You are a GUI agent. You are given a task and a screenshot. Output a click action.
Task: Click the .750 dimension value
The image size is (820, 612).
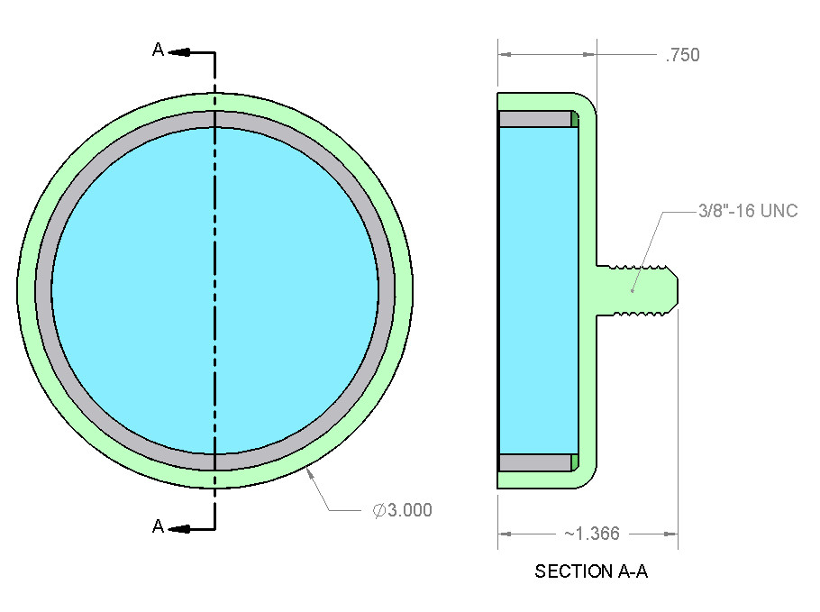click(682, 55)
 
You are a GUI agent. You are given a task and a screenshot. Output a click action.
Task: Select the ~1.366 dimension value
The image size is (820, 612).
click(592, 534)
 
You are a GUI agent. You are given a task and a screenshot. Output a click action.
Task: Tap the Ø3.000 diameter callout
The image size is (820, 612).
click(402, 510)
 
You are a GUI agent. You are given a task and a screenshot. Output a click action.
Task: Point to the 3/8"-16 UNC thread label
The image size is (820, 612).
click(748, 211)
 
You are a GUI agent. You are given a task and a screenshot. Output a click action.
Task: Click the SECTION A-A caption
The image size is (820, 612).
click(591, 571)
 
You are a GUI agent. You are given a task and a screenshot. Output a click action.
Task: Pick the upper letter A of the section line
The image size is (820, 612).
click(158, 50)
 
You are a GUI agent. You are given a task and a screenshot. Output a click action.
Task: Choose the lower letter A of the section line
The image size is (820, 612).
click(158, 525)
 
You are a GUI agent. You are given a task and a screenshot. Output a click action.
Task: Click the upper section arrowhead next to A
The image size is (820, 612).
click(178, 52)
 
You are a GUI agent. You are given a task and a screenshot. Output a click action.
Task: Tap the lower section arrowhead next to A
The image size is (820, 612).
click(178, 529)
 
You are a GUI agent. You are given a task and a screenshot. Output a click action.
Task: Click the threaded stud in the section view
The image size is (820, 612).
click(637, 290)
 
